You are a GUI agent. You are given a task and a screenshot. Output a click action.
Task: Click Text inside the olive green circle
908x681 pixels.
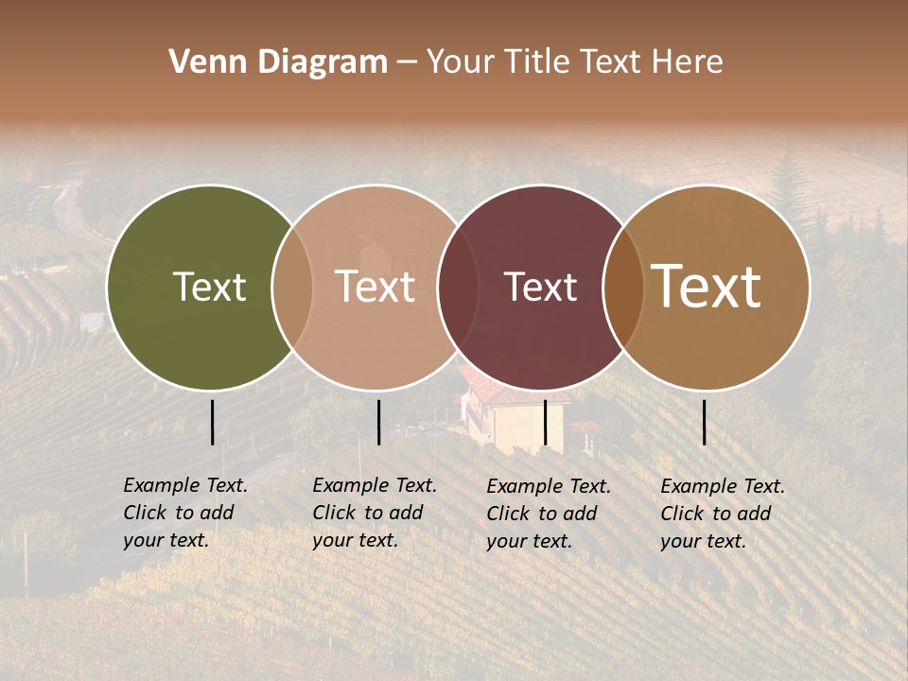[209, 287]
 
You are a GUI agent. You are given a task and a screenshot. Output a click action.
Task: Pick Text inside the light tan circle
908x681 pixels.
[375, 287]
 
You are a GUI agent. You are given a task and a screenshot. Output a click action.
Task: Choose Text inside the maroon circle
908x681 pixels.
[540, 287]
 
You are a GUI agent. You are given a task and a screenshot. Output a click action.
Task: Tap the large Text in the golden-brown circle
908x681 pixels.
[707, 287]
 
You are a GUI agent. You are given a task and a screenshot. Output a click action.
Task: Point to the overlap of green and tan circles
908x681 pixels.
[292, 287]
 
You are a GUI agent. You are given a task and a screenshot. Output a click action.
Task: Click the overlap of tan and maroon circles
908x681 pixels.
[458, 287]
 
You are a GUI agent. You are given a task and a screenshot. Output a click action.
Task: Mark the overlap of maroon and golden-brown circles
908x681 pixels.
[623, 287]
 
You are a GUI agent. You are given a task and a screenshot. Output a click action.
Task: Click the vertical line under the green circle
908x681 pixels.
[213, 422]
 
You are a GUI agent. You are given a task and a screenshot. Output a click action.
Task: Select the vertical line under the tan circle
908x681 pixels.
[378, 422]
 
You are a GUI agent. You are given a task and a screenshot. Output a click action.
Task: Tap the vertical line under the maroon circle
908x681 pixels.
[546, 422]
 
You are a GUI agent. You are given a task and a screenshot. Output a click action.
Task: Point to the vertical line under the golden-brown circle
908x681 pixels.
[705, 422]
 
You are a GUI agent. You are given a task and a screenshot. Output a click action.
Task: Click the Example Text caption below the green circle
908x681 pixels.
[185, 513]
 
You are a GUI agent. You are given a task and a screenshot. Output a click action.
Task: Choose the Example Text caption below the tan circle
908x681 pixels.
[375, 513]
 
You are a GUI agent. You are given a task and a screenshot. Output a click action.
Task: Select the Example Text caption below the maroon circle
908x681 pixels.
[549, 514]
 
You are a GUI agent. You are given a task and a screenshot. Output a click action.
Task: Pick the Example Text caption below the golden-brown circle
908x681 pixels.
[723, 514]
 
